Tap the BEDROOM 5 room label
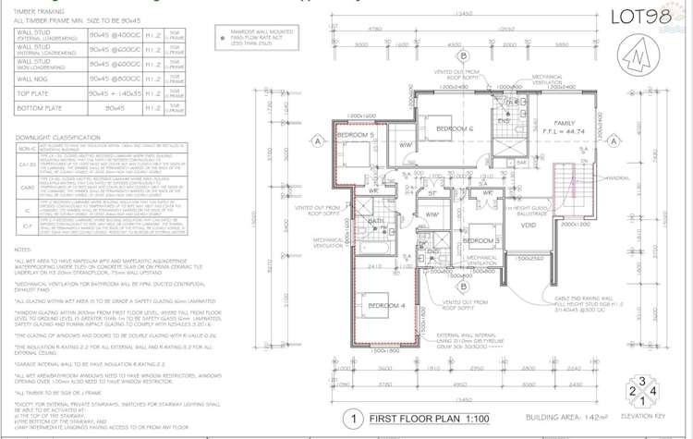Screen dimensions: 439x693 (x=356, y=136)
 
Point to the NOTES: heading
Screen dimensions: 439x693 (x=24, y=249)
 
